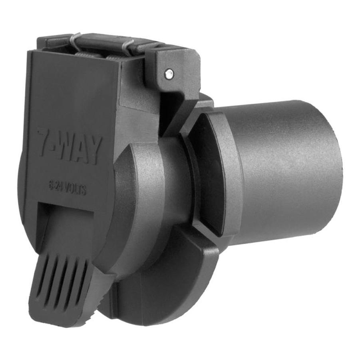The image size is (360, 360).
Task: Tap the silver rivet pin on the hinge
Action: point(169,73)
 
